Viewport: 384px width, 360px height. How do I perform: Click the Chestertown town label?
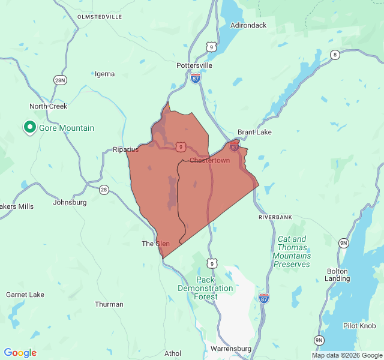[209, 160]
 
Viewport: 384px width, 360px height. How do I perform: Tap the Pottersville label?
[194, 65]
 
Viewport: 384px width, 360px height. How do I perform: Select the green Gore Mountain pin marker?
[29, 127]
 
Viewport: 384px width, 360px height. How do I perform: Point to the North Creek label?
[49, 106]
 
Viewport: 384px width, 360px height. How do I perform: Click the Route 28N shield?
[59, 80]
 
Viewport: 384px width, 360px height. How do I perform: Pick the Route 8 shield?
[335, 55]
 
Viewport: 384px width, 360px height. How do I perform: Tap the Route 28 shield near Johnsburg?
[104, 190]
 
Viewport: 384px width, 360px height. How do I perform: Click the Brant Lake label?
[254, 132]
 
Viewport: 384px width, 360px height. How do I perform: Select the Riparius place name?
[126, 150]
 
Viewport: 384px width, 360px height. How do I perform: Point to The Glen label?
[155, 244]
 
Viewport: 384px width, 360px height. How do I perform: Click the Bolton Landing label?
[337, 275]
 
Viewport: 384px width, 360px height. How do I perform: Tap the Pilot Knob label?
[359, 326]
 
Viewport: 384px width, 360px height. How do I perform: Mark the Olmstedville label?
[100, 17]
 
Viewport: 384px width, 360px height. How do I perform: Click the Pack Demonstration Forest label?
[205, 288]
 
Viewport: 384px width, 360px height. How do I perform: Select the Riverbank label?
[275, 217]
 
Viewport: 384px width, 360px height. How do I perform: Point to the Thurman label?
[109, 304]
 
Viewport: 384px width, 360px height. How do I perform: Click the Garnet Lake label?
[25, 295]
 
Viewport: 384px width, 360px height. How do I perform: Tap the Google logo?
[20, 353]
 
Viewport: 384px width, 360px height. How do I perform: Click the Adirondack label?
[248, 25]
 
